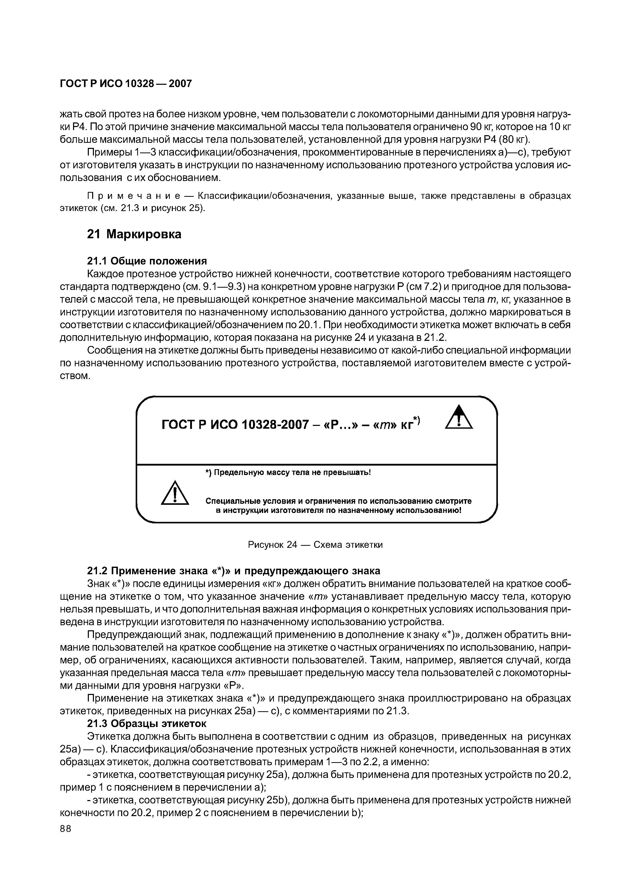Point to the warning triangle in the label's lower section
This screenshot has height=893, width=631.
[175, 494]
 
